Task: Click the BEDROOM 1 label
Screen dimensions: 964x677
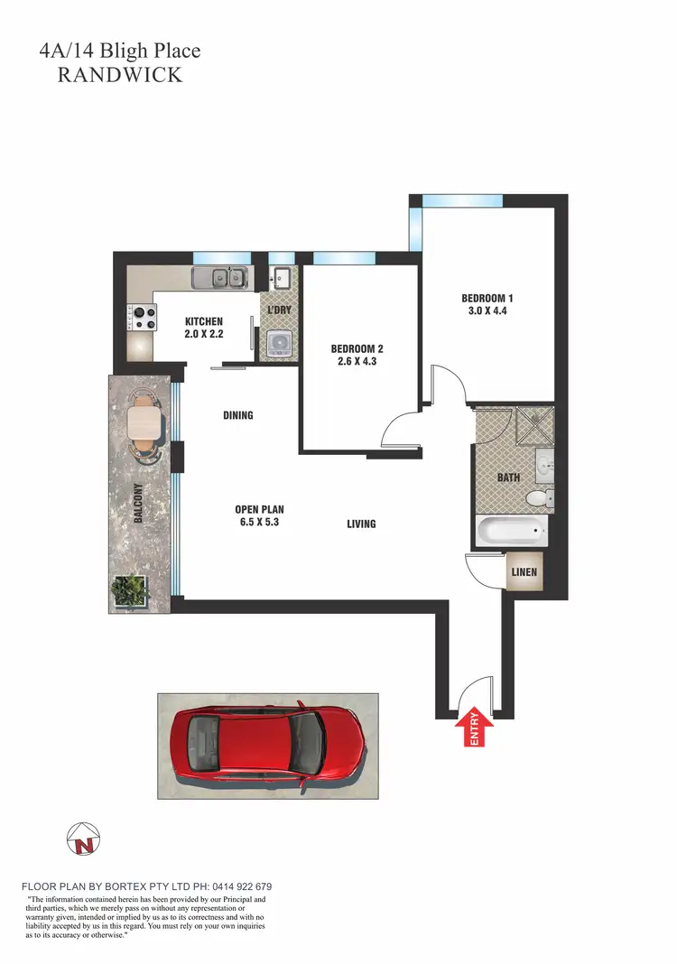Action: [x=487, y=304]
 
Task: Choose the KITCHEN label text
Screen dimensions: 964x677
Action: [x=204, y=328]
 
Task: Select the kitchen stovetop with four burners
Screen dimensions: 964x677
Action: [x=139, y=318]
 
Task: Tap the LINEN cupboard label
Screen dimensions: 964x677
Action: [x=524, y=572]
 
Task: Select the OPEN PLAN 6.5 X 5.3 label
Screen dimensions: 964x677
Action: [x=259, y=515]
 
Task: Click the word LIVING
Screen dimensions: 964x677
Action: [x=361, y=524]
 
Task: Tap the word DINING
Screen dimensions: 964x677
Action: [x=238, y=416]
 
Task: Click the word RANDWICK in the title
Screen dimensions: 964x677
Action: [x=120, y=75]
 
